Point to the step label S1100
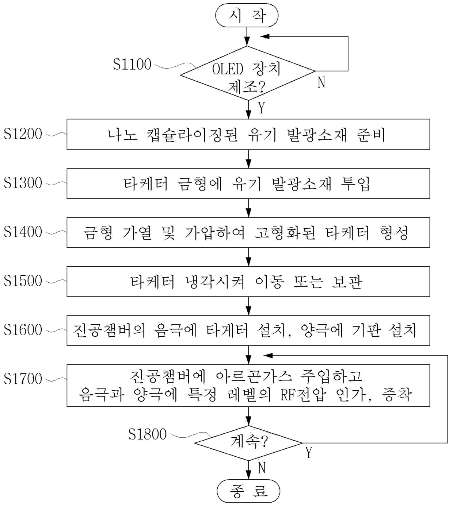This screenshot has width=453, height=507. [x=132, y=64]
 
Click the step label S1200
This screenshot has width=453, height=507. [x=23, y=134]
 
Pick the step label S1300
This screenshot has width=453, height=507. [x=23, y=183]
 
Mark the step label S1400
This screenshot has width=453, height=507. [x=23, y=232]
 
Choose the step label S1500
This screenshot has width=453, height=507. [x=23, y=281]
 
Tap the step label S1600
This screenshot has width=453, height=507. [x=23, y=330]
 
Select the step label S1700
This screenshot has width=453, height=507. [x=23, y=379]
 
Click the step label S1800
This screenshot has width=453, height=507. [x=147, y=434]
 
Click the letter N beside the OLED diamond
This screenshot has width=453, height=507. [x=321, y=82]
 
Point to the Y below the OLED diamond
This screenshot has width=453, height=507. [x=262, y=108]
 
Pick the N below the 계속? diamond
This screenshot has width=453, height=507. [x=262, y=468]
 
